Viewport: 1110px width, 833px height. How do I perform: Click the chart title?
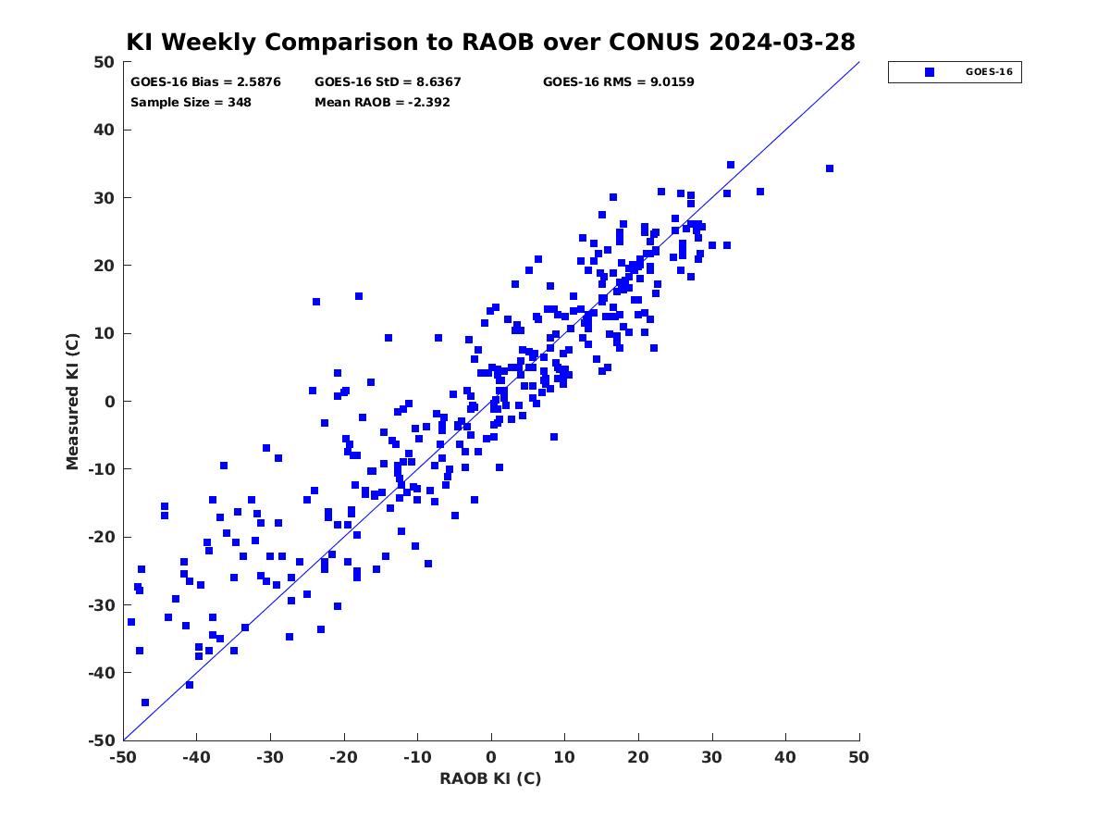tap(490, 42)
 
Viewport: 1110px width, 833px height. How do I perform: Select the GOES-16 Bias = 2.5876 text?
tap(205, 82)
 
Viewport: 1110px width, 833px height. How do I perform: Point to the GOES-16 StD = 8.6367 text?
tap(388, 82)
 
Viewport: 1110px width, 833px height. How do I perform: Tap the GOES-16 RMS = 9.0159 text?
tap(618, 82)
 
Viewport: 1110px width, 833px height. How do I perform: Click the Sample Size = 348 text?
tap(191, 102)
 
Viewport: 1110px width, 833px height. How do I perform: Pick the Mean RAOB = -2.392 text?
tap(382, 102)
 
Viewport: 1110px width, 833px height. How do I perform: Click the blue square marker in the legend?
tap(930, 72)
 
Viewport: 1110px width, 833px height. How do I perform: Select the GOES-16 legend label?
tap(989, 72)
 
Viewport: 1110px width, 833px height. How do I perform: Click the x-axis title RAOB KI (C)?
tap(490, 777)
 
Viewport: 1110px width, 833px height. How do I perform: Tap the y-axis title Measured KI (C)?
tap(72, 402)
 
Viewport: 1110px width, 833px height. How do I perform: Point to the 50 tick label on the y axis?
tap(105, 62)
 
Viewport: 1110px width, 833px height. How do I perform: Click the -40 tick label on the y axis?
tap(102, 673)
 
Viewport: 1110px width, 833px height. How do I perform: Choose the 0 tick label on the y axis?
tap(110, 402)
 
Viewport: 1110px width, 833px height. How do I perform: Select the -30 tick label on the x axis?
tap(270, 757)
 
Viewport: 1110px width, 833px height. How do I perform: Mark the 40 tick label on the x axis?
tap(785, 757)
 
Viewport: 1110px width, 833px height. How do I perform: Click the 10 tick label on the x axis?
tap(564, 757)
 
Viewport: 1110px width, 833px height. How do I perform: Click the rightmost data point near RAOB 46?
tap(830, 168)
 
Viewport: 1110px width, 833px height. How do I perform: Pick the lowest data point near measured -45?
tap(145, 702)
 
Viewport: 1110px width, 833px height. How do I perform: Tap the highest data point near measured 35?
tap(731, 165)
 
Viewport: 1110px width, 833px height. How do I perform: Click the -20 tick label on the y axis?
tap(102, 537)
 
